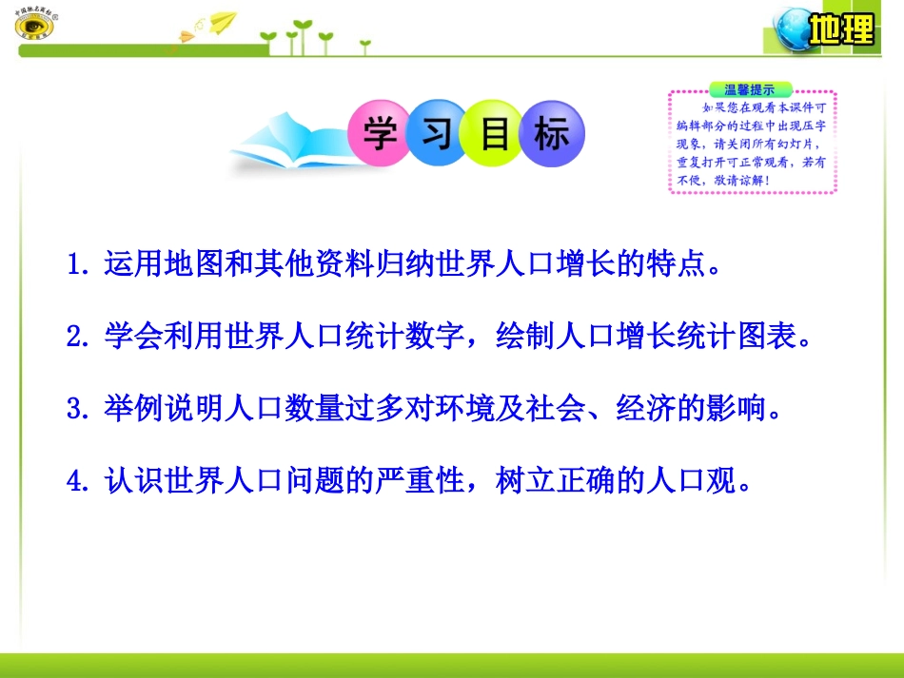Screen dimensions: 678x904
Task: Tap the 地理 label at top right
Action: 841,30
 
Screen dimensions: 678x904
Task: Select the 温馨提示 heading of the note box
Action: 749,89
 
